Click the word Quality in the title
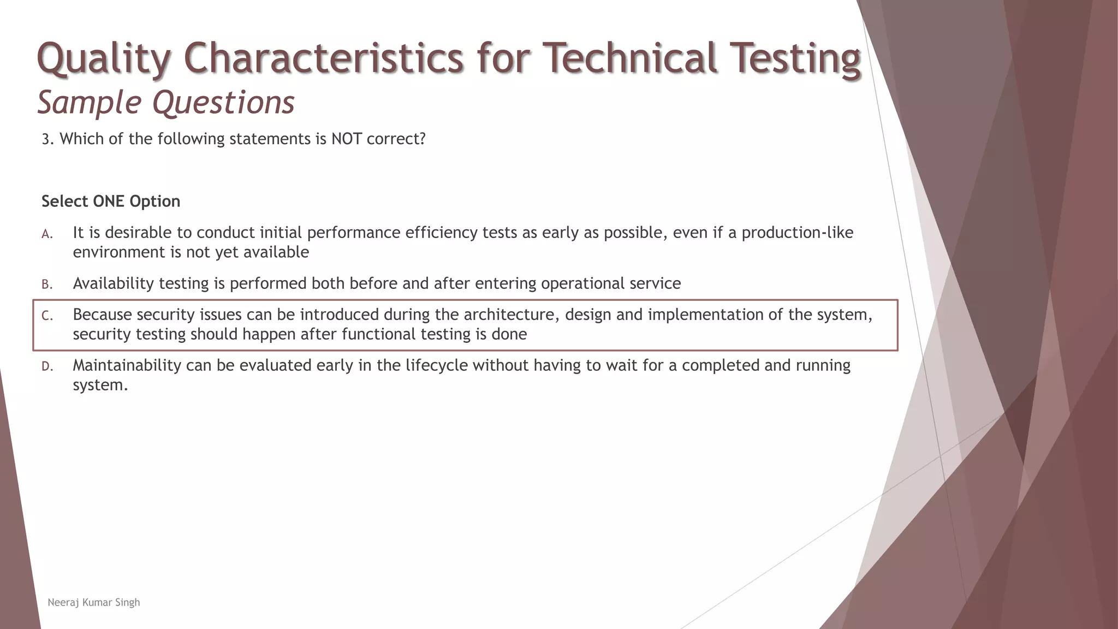[103, 58]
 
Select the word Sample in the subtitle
[90, 102]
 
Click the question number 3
[47, 139]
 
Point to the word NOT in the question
[346, 139]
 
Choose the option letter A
[47, 234]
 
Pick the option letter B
[47, 284]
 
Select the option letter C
[47, 316]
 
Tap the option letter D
[47, 366]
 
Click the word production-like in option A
[797, 233]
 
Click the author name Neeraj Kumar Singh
[94, 602]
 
